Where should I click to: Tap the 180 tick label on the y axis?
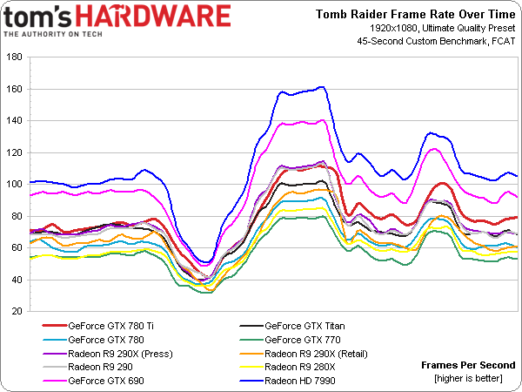pos(16,57)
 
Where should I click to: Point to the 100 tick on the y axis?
pos(16,185)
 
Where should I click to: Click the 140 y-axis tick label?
pos(16,121)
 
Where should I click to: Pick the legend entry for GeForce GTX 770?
pos(298,340)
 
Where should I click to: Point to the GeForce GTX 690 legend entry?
pos(104,381)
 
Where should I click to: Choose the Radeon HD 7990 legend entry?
pos(301,381)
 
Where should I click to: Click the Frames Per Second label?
pos(468,365)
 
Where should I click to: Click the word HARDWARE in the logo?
pos(171,16)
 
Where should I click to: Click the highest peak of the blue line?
pos(322,87)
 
